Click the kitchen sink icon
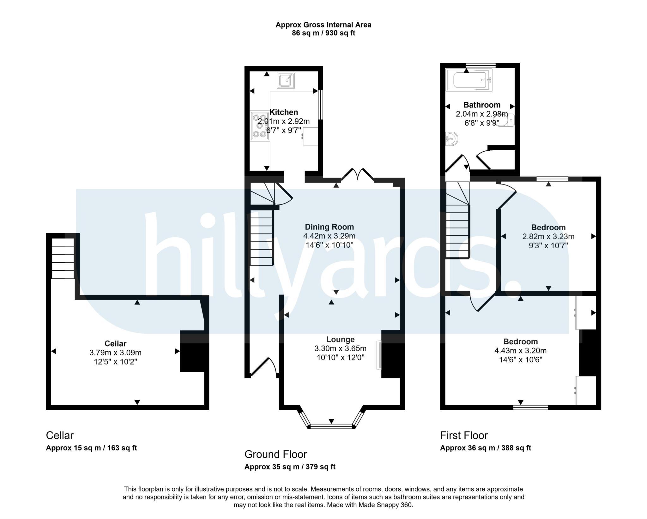(286, 81)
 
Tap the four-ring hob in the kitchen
(259, 127)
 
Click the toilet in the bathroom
(506, 121)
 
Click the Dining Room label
(329, 227)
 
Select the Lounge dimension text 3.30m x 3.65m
(340, 348)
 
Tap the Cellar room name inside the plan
(115, 343)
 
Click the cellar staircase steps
(63, 258)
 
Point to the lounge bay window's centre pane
(331, 426)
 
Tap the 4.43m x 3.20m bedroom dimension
(520, 351)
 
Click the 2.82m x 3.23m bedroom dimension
(548, 236)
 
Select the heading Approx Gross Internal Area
(323, 25)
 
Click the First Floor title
(464, 435)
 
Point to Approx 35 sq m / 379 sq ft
(290, 467)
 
